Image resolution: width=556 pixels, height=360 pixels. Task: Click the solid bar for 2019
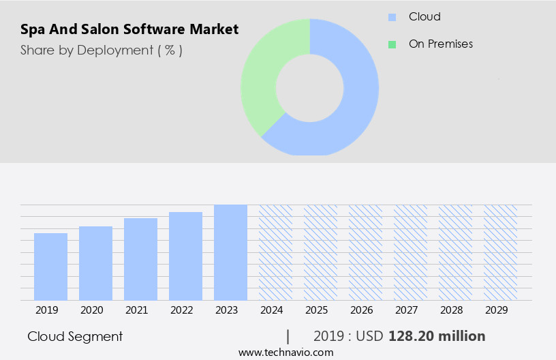(x=50, y=267)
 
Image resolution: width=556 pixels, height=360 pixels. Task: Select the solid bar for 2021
(x=140, y=259)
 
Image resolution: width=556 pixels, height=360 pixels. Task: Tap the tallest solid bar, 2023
(x=230, y=252)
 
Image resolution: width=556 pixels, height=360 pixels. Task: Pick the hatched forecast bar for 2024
(x=275, y=252)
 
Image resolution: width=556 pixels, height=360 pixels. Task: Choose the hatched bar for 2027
(x=410, y=252)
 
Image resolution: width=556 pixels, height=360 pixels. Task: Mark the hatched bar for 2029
(x=500, y=252)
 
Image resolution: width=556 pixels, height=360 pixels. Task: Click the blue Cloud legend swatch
(x=392, y=17)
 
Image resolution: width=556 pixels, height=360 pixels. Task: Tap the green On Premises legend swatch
(x=392, y=44)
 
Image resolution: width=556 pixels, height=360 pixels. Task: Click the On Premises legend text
(x=440, y=44)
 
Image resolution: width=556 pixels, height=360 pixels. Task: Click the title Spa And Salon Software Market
(x=129, y=29)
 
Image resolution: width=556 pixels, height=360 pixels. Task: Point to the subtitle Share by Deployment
(x=102, y=50)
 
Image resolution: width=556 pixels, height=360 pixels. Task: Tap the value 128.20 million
(x=437, y=336)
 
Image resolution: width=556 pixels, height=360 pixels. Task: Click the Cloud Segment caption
(x=75, y=336)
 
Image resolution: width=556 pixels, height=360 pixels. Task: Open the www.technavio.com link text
(x=285, y=352)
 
